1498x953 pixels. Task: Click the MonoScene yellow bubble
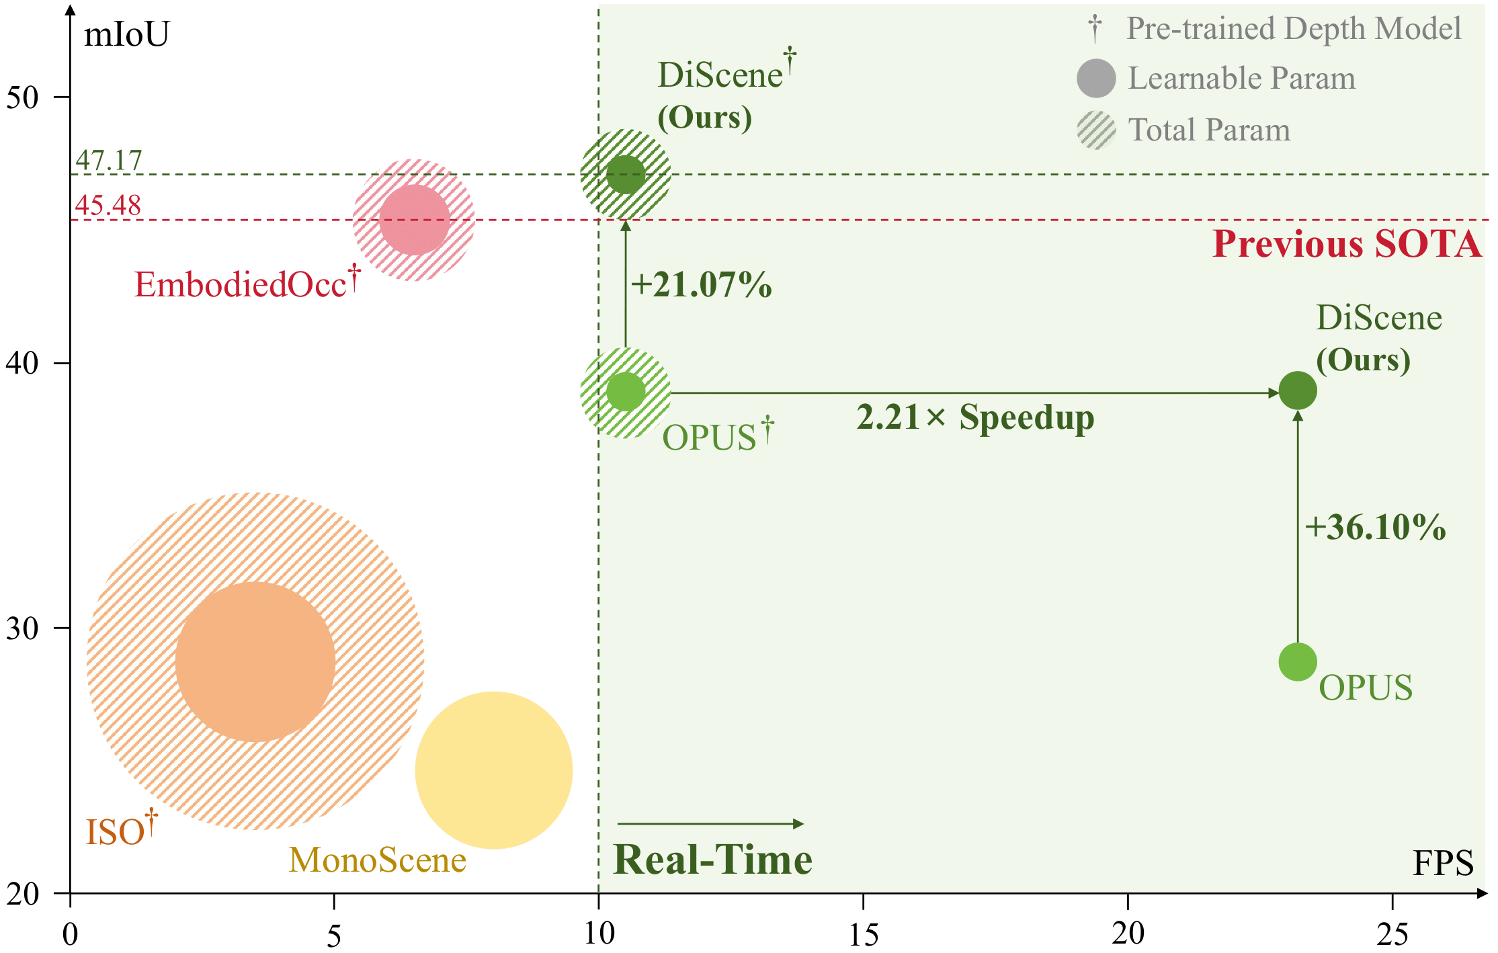click(494, 770)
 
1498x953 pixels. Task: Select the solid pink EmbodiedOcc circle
click(415, 220)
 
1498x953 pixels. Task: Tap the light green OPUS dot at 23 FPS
click(1297, 662)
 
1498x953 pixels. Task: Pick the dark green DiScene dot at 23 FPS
click(1297, 390)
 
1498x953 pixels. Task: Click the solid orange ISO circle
click(255, 662)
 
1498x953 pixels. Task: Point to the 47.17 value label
click(109, 160)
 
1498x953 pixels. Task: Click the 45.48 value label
click(108, 205)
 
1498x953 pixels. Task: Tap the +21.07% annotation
click(701, 284)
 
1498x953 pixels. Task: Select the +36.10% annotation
click(1375, 527)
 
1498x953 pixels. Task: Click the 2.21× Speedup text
click(975, 417)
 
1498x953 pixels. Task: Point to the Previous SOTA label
click(1347, 244)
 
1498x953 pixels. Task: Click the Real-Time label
click(712, 860)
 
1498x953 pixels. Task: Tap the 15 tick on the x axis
click(863, 934)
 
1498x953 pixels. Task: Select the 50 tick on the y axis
click(23, 97)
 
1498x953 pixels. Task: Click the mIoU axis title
click(126, 34)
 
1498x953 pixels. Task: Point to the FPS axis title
click(1443, 864)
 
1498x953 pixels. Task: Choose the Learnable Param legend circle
click(1096, 78)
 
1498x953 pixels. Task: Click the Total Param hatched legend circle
click(1096, 130)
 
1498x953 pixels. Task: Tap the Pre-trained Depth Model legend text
click(1294, 29)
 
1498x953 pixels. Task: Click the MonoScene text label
click(378, 860)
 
